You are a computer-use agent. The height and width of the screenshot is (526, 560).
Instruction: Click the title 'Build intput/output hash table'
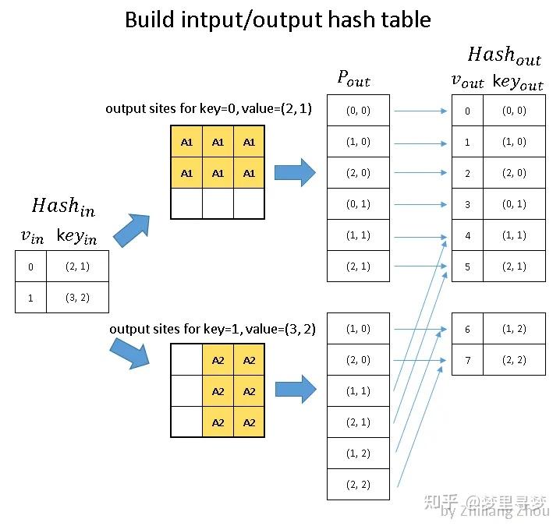tap(278, 19)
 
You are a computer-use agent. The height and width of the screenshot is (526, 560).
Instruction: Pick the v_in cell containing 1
tap(30, 298)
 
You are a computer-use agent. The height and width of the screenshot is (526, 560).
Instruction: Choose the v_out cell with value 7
tap(467, 360)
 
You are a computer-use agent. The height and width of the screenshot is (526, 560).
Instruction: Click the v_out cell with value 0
tap(467, 111)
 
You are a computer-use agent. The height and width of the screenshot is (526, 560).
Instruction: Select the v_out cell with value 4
tap(467, 235)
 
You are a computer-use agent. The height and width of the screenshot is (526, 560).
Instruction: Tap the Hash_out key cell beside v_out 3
tap(514, 204)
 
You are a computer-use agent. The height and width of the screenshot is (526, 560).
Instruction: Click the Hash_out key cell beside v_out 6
tap(514, 329)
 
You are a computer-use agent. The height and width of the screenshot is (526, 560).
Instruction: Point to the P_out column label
tap(353, 77)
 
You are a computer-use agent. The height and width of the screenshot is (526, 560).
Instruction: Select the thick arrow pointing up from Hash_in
tap(133, 230)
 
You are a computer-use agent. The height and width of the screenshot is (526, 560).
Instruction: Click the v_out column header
tap(467, 82)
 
